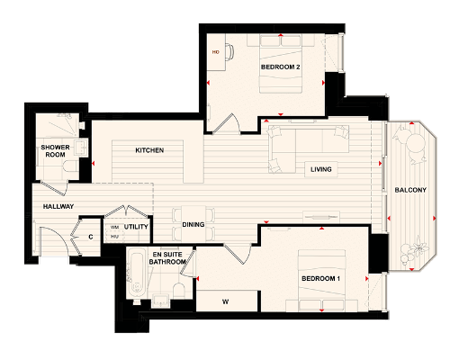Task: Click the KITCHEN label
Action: [x=149, y=150]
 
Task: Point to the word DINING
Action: [x=193, y=225]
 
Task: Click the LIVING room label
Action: [x=320, y=169]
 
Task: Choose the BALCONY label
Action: [x=410, y=190]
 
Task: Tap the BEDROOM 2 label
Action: [x=280, y=67]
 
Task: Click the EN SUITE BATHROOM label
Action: [x=168, y=260]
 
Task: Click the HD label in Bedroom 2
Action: [x=216, y=53]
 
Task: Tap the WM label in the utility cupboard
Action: [x=114, y=227]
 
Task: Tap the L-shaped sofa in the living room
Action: [x=306, y=144]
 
